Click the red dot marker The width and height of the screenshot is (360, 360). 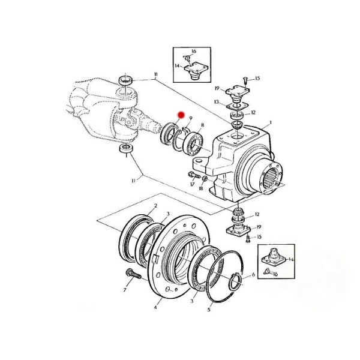point(181,115)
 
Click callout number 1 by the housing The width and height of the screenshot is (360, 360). point(271,122)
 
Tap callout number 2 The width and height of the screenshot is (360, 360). point(155,206)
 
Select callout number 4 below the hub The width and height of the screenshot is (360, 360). point(155,307)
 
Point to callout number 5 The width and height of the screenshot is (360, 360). point(209,310)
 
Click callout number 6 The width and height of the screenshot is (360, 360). point(253,275)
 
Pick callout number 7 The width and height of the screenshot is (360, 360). point(125,290)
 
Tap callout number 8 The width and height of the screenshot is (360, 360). point(202,125)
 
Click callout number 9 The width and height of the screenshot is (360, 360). point(191,118)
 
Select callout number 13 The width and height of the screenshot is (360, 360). point(217,102)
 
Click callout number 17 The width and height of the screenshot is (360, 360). point(192,184)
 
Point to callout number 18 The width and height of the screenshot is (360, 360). point(201,188)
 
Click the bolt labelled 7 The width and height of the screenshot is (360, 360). point(133,274)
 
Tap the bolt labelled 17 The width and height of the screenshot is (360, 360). point(194,176)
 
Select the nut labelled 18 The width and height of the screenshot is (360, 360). point(205,178)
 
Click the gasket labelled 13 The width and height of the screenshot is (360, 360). point(238,106)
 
